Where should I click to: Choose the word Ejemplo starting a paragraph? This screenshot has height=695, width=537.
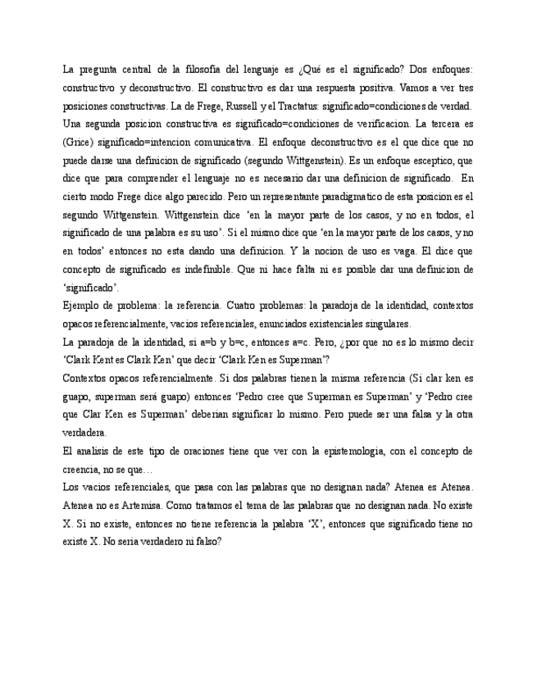click(82, 305)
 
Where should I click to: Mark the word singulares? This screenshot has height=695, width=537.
click(385, 323)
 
